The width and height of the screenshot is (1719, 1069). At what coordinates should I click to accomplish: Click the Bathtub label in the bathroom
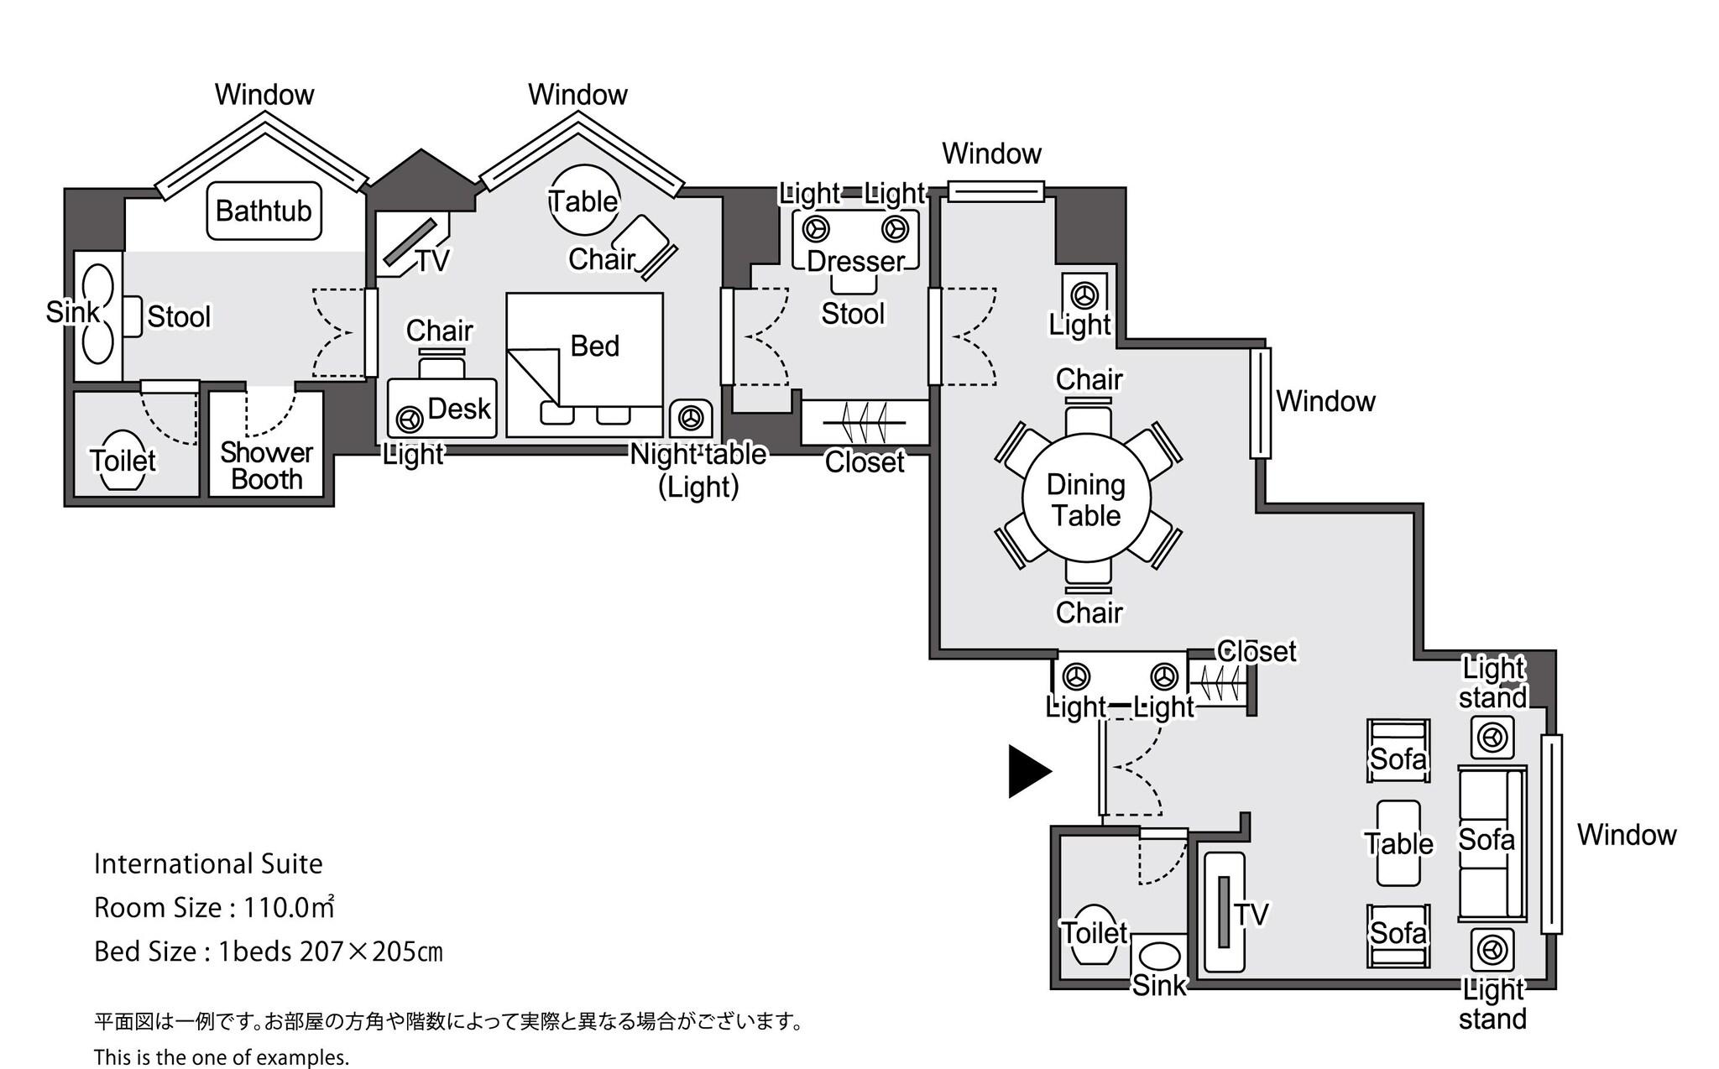tap(264, 211)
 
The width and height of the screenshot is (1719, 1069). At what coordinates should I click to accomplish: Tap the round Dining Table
tap(1086, 498)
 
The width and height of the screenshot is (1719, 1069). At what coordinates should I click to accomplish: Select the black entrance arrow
tap(1027, 771)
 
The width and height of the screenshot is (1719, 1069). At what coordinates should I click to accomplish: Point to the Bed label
tap(594, 346)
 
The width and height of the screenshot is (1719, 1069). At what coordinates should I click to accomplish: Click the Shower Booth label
tap(266, 466)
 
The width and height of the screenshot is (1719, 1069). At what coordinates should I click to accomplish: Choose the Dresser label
tap(855, 261)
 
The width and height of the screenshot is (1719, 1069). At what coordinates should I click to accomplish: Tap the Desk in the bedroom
tap(442, 409)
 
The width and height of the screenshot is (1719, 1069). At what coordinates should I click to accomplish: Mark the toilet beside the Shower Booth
tap(123, 461)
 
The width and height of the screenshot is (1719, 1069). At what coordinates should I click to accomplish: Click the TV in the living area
tap(1225, 912)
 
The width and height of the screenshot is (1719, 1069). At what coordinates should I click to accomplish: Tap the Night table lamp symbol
tap(691, 417)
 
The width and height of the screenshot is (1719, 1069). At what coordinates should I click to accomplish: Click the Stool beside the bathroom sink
tap(133, 316)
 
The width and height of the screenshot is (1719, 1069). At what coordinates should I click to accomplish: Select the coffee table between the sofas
tap(1398, 842)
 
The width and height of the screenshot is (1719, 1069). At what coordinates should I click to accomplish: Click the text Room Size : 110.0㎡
tap(214, 907)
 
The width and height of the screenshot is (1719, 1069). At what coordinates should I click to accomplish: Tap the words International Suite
tap(208, 863)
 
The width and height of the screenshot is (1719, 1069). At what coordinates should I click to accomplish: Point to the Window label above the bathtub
tap(264, 94)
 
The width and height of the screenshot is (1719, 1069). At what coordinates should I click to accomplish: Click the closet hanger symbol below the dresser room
tap(865, 422)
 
